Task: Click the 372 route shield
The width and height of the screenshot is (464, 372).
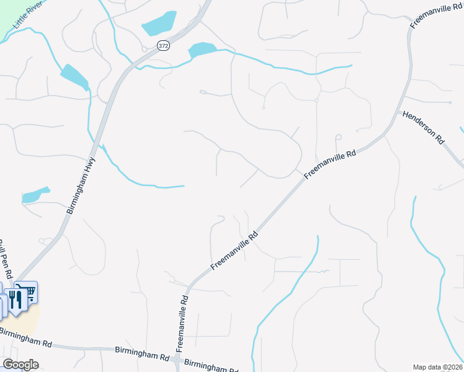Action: point(163,45)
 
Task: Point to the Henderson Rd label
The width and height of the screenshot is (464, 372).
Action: point(424,128)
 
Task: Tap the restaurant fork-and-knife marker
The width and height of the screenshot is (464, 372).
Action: point(15,299)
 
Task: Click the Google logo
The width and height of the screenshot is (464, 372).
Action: point(20,364)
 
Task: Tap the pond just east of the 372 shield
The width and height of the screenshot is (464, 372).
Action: point(202,49)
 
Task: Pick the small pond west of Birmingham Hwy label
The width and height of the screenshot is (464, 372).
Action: point(35,195)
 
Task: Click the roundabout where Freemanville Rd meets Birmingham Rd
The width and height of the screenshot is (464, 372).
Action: point(178,360)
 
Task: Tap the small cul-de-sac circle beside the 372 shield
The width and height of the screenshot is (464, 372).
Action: point(144,48)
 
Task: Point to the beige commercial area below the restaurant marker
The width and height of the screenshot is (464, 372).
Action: point(27,316)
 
